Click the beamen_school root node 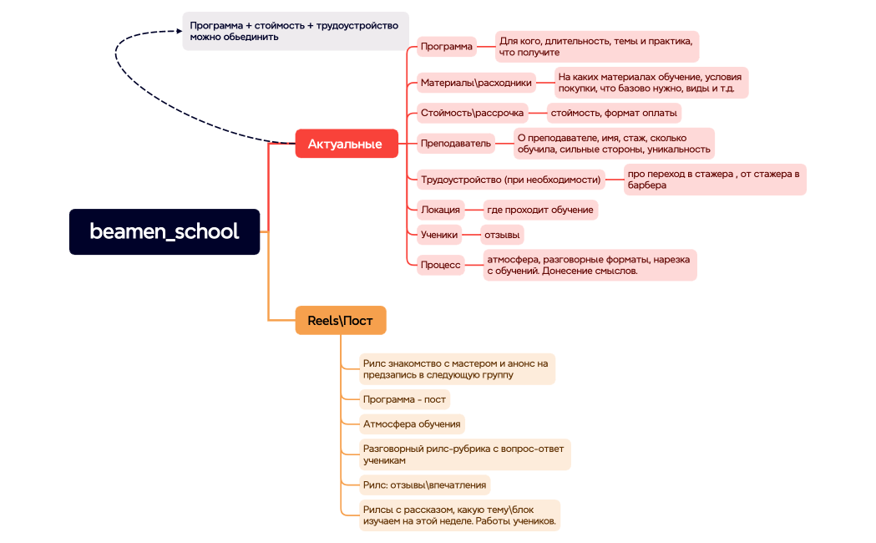165,231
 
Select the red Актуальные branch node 345,144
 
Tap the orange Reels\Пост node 341,321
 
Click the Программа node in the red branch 446,47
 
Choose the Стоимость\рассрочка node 472,113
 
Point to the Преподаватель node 456,144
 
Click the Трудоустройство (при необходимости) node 511,180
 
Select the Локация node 440,210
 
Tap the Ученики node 439,235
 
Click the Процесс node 440,265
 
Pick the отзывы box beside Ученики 503,235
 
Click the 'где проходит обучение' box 540,210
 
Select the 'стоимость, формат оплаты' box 613,113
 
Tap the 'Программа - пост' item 404,399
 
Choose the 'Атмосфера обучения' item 411,424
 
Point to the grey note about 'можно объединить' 296,31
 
